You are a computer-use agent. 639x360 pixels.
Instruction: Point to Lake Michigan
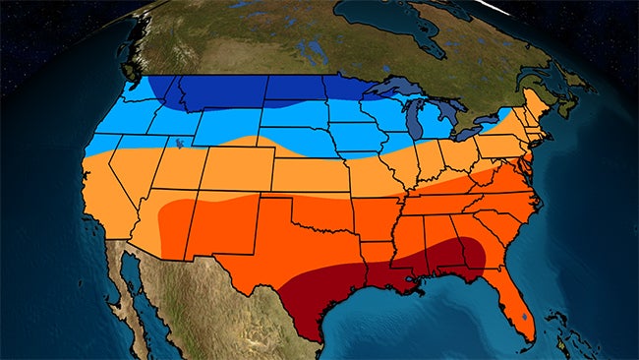coord(414,123)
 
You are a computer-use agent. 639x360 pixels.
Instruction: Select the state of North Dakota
coord(295,90)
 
